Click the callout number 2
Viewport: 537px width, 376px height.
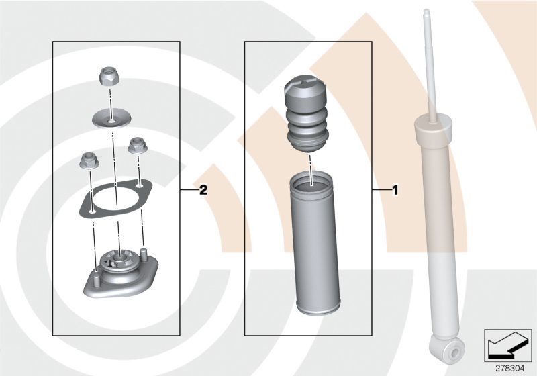203,191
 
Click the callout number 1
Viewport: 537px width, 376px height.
395,191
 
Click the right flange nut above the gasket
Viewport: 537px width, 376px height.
138,144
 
